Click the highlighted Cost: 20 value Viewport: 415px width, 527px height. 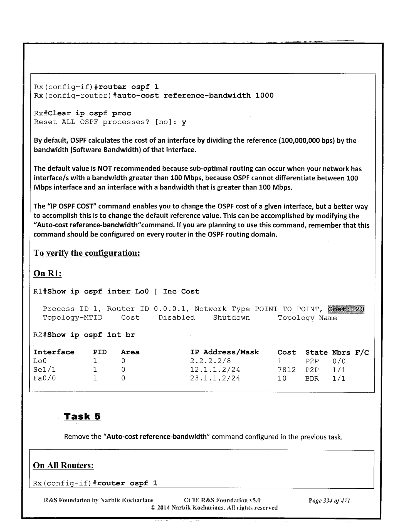pyautogui.click(x=346, y=309)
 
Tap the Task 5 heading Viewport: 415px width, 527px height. pyautogui.click(x=82, y=416)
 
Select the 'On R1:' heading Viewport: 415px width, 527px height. pyautogui.click(x=47, y=274)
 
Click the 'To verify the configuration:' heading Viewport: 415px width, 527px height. pyautogui.click(x=87, y=253)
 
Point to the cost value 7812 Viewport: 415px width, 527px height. pyautogui.click(x=286, y=370)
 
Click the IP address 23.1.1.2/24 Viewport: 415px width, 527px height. pyautogui.click(x=215, y=378)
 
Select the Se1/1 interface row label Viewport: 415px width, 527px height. pyautogui.click(x=44, y=370)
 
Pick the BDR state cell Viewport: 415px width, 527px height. pyautogui.click(x=312, y=378)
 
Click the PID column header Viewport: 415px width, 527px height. pyautogui.click(x=100, y=352)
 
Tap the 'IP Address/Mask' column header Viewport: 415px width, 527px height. pyautogui.click(x=224, y=352)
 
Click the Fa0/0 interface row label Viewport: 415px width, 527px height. pyautogui.click(x=44, y=378)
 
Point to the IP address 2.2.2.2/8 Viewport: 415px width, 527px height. pyautogui.click(x=210, y=361)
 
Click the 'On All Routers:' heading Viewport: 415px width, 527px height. pyautogui.click(x=63, y=465)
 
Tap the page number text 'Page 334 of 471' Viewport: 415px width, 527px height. pyautogui.click(x=329, y=501)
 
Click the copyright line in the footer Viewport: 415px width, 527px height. pyautogui.click(x=214, y=508)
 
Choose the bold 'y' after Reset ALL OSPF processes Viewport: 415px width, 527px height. pyautogui.click(x=184, y=122)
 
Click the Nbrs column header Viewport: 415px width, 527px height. pyautogui.click(x=341, y=352)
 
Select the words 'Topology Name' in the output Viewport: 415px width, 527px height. pyautogui.click(x=307, y=318)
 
